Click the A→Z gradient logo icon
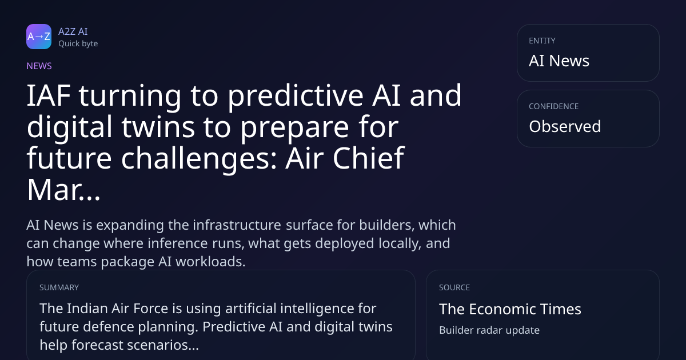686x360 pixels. click(39, 37)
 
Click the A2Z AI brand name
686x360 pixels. click(73, 31)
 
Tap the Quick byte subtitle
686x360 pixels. click(78, 44)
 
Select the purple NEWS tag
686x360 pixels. click(39, 66)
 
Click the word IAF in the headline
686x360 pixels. click(49, 95)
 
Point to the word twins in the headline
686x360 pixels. click(158, 127)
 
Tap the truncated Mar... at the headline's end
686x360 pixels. click(63, 190)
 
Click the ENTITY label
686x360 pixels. click(542, 41)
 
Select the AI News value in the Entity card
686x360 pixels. click(559, 61)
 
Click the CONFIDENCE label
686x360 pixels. click(554, 106)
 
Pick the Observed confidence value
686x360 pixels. click(565, 126)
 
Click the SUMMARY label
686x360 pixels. click(59, 288)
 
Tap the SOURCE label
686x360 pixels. click(454, 288)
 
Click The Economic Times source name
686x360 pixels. click(510, 309)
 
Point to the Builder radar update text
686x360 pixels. click(489, 330)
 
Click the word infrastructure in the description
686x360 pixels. click(237, 225)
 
